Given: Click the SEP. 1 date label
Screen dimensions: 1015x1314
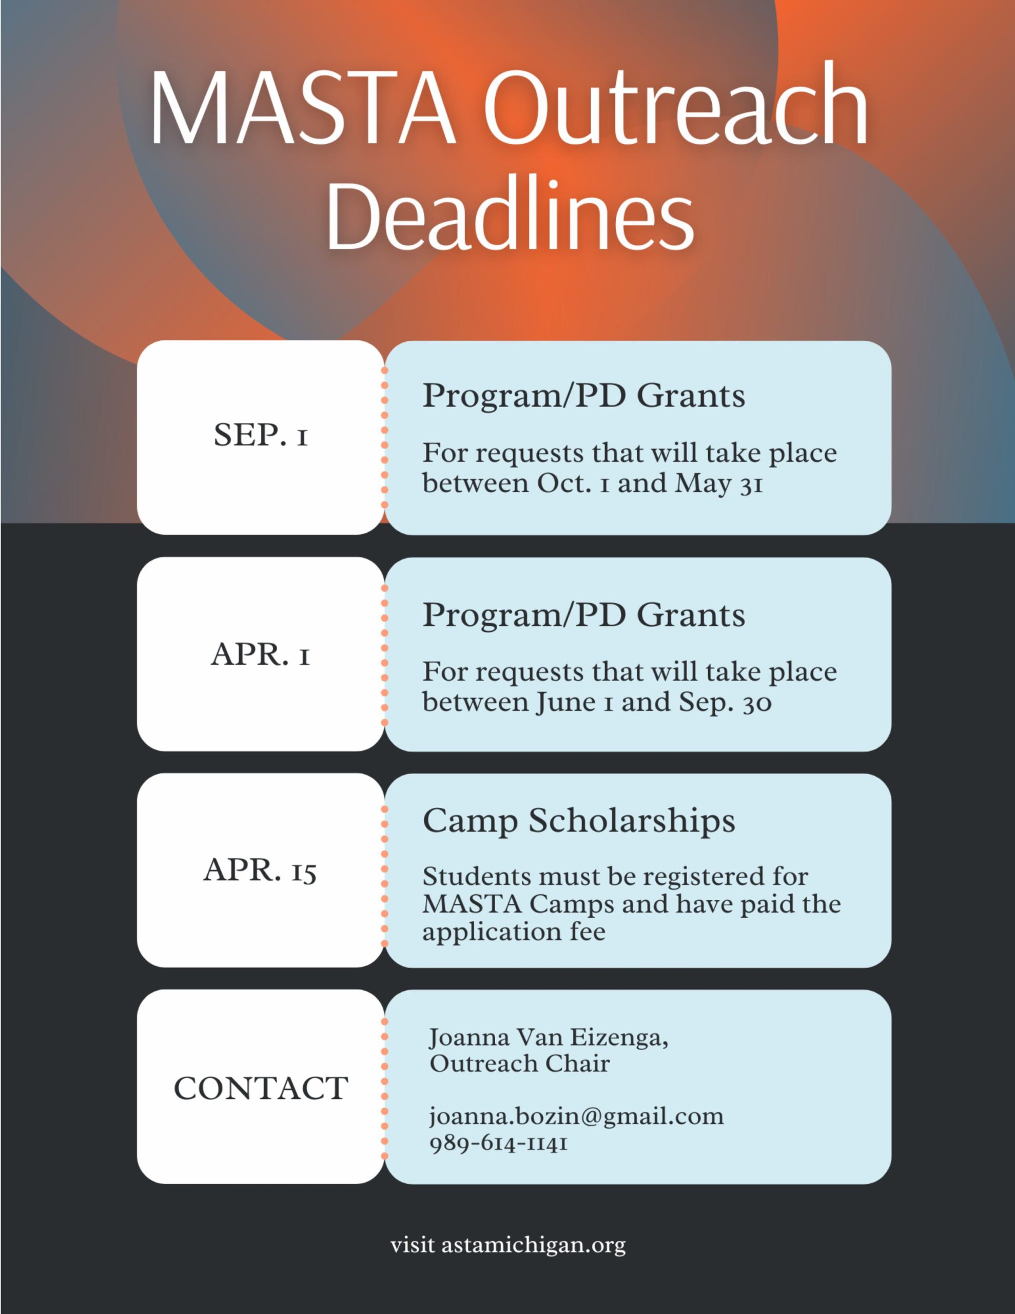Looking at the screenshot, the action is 261,434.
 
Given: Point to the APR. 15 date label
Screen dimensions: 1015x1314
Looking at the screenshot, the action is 261,871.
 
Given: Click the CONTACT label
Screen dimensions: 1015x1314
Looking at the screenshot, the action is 261,1088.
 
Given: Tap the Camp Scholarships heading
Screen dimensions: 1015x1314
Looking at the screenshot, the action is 579,821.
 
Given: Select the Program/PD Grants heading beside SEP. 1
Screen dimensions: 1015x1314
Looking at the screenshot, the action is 583,396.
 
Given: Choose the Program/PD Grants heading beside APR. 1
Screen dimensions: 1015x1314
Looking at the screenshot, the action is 583,615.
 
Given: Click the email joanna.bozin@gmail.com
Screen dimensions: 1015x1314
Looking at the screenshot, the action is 576,1117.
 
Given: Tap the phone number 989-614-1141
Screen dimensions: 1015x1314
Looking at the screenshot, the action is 499,1143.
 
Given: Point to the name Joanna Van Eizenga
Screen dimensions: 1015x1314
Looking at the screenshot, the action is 548,1038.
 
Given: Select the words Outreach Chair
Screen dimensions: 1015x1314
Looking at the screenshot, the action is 520,1064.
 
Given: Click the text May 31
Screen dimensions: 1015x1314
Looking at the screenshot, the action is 719,483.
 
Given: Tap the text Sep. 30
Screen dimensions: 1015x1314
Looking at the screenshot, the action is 725,702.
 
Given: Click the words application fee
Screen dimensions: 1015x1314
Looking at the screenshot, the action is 514,932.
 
